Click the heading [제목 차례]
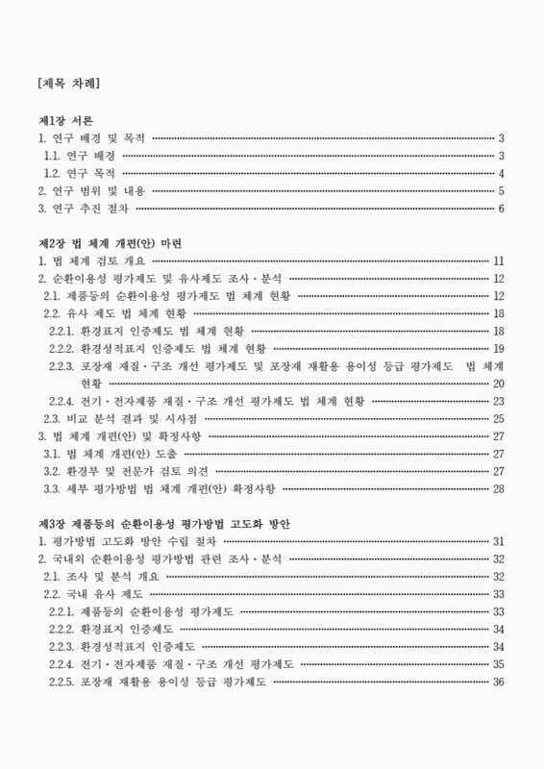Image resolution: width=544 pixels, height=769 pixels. pos(68,84)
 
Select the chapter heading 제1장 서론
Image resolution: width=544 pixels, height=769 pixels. pos(65,122)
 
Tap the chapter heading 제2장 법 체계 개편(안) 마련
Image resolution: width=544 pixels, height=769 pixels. pos(109,243)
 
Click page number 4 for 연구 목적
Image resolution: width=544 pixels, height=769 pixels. pos(502,174)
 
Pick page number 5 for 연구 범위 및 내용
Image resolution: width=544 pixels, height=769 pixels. pos(502,191)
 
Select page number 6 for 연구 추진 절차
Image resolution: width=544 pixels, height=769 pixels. pos(502,209)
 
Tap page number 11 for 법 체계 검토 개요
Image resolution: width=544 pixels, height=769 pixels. pos(499,260)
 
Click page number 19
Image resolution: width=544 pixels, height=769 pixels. pos(499,348)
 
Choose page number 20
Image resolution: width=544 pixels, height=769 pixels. pos(499,384)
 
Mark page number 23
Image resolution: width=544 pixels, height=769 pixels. pos(499,401)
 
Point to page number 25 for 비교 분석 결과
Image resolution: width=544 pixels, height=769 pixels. pos(499,418)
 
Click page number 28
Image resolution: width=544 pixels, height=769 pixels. pos(499,488)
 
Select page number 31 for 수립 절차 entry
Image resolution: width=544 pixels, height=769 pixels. pos(499,541)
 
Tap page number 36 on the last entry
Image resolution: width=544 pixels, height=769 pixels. pos(499,682)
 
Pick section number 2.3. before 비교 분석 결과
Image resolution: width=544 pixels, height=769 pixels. pos(54,418)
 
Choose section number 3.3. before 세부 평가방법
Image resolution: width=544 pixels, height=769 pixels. pos(54,488)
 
